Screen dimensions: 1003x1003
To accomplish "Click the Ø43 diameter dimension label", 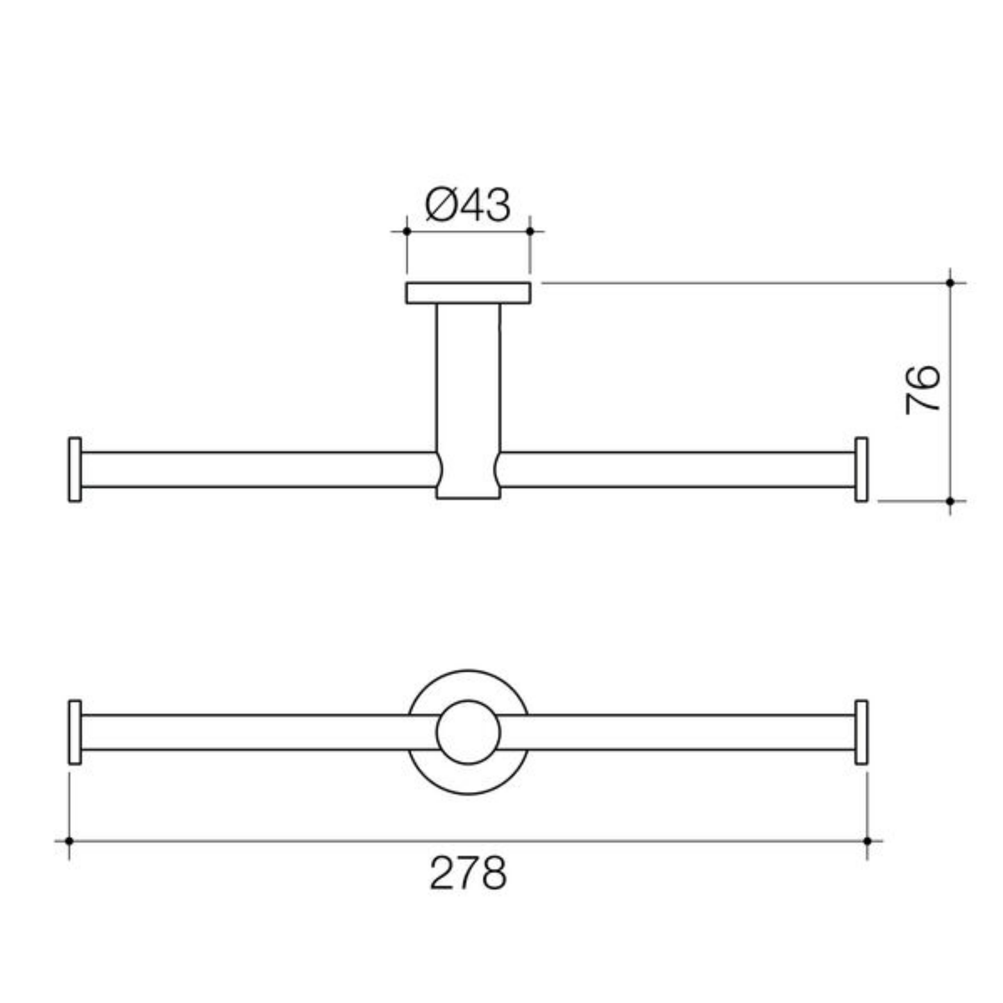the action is click(x=467, y=205).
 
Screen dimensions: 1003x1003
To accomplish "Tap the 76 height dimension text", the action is click(x=923, y=390).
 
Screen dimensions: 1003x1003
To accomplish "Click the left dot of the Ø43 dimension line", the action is click(x=407, y=231).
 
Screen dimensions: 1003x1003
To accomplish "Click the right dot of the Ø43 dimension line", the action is click(x=530, y=231).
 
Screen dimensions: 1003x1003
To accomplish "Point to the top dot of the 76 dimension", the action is click(x=950, y=283).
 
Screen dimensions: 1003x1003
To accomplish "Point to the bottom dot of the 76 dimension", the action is click(x=950, y=501).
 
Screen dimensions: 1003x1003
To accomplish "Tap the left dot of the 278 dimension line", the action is click(x=69, y=841).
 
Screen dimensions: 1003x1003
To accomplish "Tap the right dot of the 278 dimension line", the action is click(x=867, y=841).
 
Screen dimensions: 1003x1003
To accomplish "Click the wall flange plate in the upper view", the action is click(x=468, y=293).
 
